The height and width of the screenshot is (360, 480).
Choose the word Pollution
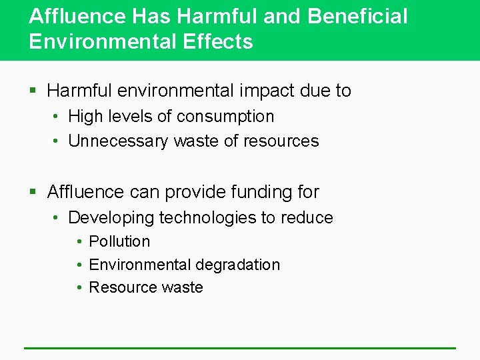pos(119,241)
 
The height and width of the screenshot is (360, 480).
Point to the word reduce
pos(307,218)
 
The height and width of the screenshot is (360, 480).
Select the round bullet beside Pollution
pos(79,241)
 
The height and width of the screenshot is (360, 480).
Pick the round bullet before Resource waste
pos(79,288)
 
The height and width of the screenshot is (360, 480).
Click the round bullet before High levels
pos(58,117)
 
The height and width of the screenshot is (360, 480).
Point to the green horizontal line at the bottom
pos(240,347)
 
